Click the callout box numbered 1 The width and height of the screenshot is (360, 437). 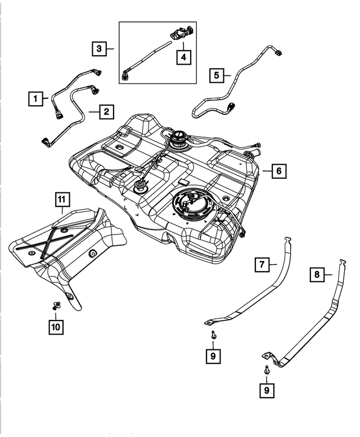coord(35,100)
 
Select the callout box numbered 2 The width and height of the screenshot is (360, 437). coord(105,112)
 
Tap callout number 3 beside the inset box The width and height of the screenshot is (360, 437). coord(99,49)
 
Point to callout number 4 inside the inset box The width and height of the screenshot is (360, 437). coord(183,56)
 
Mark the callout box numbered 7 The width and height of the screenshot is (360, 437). coord(263,264)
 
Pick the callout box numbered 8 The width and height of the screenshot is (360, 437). coord(317,274)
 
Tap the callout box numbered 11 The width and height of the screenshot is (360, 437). coord(61,199)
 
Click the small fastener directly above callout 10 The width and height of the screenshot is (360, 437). coord(55,306)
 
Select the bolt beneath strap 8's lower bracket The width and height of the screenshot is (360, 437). coord(266,370)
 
